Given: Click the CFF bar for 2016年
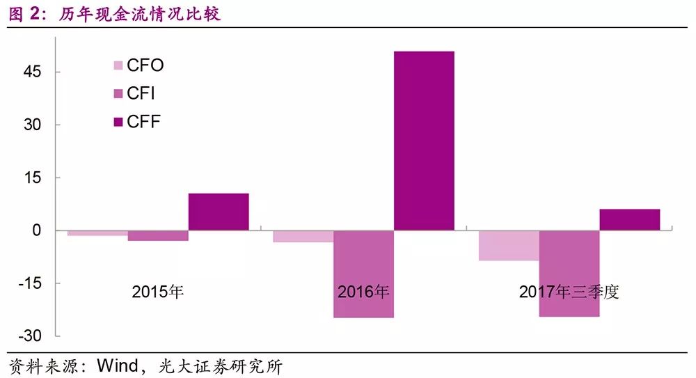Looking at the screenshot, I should tap(424, 141).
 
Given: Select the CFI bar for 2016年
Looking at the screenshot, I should tap(363, 274).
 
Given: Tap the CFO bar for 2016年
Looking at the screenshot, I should tap(303, 236).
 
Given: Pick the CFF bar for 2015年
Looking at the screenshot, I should tap(219, 212).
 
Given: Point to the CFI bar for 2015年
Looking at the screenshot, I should tap(158, 235).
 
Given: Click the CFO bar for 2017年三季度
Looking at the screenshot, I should tap(508, 245).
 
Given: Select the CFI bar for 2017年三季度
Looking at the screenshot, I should tap(569, 274).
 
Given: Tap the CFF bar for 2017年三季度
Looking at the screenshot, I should tap(629, 219).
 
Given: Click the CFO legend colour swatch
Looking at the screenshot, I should tap(117, 66).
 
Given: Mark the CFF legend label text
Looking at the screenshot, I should tap(144, 122).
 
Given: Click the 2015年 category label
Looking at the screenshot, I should tap(158, 292).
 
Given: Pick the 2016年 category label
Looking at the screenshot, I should tap(363, 292).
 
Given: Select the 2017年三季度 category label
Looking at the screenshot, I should tap(569, 292).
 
